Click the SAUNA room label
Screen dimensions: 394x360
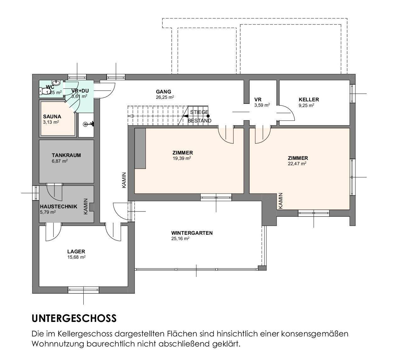click(52, 117)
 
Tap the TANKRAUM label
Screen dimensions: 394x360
click(66, 155)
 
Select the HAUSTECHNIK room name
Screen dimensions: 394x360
click(58, 207)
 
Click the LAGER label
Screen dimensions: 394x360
click(76, 252)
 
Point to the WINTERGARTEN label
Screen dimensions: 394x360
click(192, 233)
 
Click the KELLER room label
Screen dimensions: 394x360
click(309, 100)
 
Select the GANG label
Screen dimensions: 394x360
click(164, 92)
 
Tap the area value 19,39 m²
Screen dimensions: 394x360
click(182, 158)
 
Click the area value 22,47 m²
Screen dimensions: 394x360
click(297, 164)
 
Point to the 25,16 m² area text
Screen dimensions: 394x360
click(180, 239)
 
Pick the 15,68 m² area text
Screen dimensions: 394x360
click(76, 257)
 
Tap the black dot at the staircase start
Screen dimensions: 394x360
click(208, 116)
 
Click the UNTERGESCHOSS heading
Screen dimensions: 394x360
click(74, 318)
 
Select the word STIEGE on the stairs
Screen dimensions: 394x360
click(199, 112)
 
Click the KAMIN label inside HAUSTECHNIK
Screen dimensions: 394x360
click(86, 206)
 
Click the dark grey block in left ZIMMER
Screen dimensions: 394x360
click(140, 149)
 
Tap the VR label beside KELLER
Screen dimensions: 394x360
click(258, 100)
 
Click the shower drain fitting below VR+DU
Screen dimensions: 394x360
click(86, 124)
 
